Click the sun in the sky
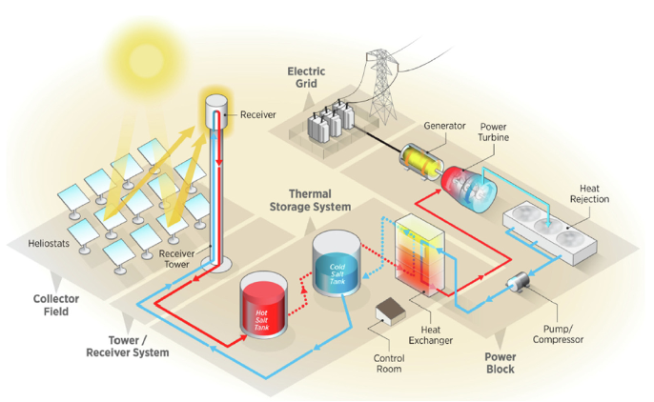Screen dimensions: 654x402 click(x=146, y=59)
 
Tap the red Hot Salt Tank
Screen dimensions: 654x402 click(x=263, y=304)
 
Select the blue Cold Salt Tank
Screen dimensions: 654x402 click(x=337, y=263)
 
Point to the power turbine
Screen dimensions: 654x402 click(x=469, y=190)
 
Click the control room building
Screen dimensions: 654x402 click(x=391, y=311)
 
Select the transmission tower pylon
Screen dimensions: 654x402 click(x=381, y=87)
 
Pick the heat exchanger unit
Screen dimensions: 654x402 click(x=419, y=255)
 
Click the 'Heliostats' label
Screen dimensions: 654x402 click(x=49, y=243)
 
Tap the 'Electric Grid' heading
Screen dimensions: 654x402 click(x=306, y=77)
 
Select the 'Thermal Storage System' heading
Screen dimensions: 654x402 click(x=310, y=200)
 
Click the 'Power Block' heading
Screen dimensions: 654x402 click(x=501, y=363)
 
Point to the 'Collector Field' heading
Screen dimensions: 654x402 click(x=56, y=305)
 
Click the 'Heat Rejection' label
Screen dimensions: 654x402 click(x=589, y=193)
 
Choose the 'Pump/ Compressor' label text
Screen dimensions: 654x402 click(x=558, y=334)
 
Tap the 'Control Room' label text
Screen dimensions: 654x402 click(x=389, y=363)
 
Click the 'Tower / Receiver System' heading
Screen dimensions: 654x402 click(x=127, y=346)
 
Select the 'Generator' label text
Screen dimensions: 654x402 click(x=444, y=126)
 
